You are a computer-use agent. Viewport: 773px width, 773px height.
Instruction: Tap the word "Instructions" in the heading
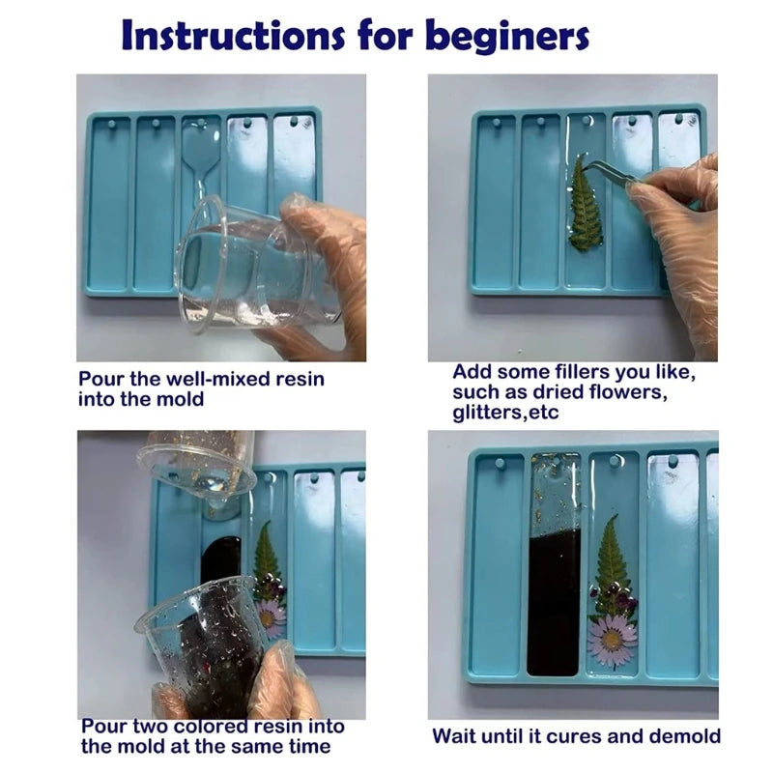pos(233,36)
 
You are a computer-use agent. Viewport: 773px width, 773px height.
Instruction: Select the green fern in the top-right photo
pos(585,202)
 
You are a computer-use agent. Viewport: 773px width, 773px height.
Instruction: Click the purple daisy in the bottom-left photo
pos(271,617)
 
